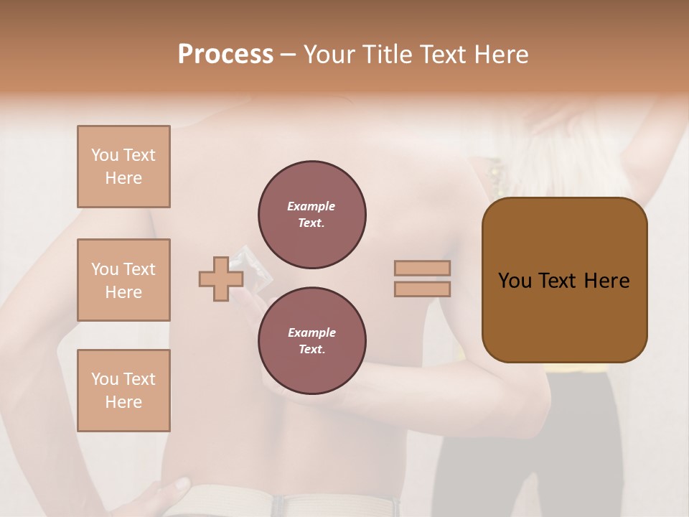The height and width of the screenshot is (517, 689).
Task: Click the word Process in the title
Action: [225, 54]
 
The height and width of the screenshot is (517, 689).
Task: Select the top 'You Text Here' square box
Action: [123, 167]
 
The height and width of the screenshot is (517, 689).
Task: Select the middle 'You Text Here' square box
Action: [123, 280]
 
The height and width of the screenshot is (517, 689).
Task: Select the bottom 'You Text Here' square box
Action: [123, 391]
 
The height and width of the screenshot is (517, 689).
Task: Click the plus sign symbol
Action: [220, 279]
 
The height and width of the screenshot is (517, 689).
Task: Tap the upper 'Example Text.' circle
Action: [311, 215]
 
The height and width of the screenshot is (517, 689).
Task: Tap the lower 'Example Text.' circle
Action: [311, 341]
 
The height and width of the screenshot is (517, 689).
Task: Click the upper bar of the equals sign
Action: [422, 269]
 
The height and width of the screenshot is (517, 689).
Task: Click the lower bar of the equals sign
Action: [422, 289]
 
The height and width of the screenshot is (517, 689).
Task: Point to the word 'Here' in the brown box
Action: [606, 281]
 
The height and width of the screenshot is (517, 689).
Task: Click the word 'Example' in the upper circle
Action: [311, 206]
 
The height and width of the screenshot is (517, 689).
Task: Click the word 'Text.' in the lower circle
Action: [311, 350]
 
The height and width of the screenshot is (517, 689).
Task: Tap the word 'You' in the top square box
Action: [104, 155]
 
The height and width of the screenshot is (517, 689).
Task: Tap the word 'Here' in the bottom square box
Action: [123, 402]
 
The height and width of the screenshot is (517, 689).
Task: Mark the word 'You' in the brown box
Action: [515, 281]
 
